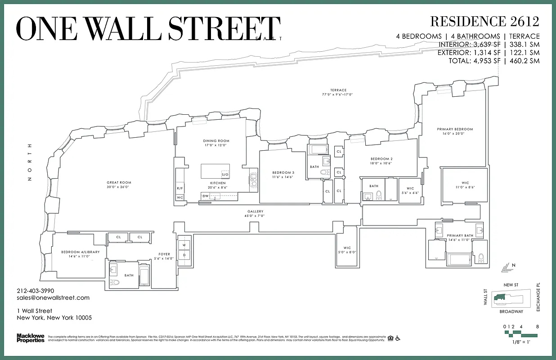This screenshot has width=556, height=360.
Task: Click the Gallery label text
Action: click(255, 211)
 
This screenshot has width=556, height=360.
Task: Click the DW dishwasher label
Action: click(206, 196)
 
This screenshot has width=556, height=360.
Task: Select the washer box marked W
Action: click(184, 245)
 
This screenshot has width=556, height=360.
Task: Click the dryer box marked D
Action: click(184, 255)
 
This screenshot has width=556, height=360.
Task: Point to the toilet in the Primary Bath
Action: click(481, 258)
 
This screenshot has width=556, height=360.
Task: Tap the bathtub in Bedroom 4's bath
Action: click(144, 275)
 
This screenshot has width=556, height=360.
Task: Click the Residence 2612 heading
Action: click(484, 21)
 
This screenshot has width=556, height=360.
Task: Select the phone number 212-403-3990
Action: click(35, 291)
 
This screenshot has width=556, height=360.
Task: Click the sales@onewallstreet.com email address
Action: click(53, 298)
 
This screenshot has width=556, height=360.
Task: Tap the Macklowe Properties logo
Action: click(31, 338)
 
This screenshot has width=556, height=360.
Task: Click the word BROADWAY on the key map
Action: click(511, 311)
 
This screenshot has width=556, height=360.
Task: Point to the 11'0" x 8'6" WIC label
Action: click(465, 184)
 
